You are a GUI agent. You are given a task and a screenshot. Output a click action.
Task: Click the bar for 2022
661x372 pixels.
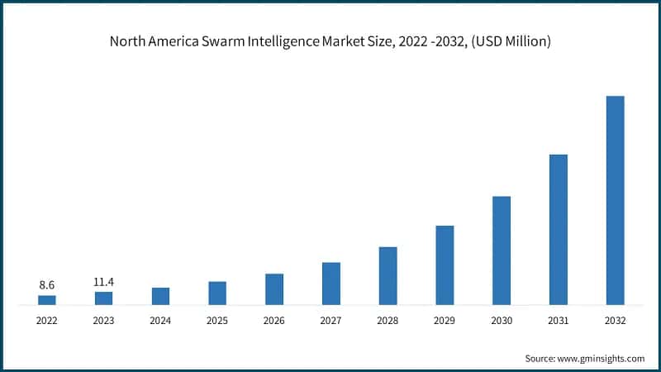point(47,300)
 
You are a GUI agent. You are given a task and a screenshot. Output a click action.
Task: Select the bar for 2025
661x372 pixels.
point(217,293)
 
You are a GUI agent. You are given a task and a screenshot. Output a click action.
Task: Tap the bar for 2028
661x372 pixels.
point(388,276)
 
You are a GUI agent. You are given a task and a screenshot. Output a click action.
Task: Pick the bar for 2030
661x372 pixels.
point(502,250)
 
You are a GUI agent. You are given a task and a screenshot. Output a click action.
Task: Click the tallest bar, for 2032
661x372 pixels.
point(616,201)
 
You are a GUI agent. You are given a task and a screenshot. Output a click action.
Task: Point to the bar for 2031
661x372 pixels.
point(559,230)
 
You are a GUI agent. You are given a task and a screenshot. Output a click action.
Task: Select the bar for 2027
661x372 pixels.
point(331,284)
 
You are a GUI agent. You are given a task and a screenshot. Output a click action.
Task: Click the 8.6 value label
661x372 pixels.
point(47,284)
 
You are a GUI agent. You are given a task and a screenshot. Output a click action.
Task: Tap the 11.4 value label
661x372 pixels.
point(104,282)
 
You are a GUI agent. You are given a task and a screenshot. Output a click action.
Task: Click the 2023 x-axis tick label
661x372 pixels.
point(104,321)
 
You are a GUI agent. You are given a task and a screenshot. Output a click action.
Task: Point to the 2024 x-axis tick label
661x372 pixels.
point(160,321)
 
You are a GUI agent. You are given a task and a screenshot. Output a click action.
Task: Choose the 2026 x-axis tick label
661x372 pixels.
point(274,321)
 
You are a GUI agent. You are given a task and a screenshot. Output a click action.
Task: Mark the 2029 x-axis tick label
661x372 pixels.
point(445,321)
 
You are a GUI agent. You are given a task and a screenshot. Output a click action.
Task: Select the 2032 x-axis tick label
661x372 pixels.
point(616,321)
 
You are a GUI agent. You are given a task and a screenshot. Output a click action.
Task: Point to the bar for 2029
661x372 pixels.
point(445,265)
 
